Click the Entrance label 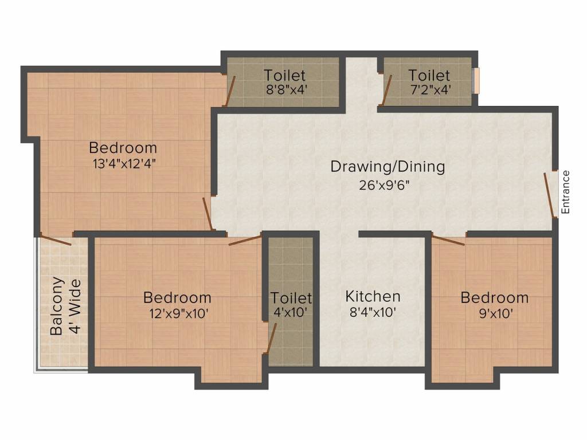pyautogui.click(x=566, y=192)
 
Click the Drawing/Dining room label pyautogui.click(x=388, y=167)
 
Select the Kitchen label pyautogui.click(x=373, y=296)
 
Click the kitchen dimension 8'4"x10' pyautogui.click(x=373, y=313)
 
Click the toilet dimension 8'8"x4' pyautogui.click(x=285, y=90)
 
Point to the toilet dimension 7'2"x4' pyautogui.click(x=429, y=90)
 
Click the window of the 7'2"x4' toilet pyautogui.click(x=476, y=80)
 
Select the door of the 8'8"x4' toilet pyautogui.click(x=230, y=90)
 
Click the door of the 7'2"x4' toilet pyautogui.click(x=386, y=90)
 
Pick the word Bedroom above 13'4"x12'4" pyautogui.click(x=123, y=148)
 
